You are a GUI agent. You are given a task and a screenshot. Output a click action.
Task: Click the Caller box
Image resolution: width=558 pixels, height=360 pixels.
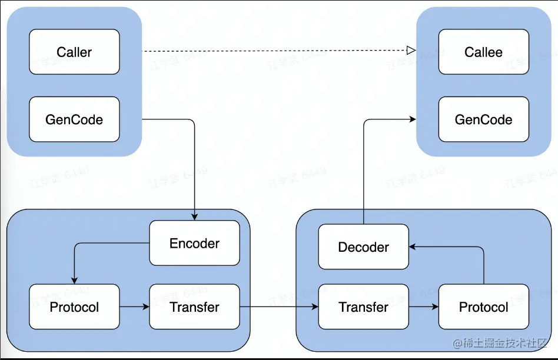click(74, 52)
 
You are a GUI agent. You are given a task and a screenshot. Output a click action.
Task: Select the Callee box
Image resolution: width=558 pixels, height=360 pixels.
click(483, 52)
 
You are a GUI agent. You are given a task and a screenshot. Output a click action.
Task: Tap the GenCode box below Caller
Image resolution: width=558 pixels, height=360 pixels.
click(74, 119)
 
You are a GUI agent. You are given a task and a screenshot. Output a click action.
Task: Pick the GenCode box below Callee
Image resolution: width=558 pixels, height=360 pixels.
click(483, 119)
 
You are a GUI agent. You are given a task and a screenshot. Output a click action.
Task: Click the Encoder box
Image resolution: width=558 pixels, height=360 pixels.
click(194, 243)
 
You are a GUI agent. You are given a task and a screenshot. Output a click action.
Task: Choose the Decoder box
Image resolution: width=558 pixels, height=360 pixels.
click(363, 247)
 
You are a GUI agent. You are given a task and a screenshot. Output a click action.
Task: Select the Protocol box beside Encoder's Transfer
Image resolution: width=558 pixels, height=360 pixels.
click(74, 306)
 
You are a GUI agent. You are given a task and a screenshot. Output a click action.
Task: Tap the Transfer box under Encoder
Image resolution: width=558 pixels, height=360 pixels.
click(194, 306)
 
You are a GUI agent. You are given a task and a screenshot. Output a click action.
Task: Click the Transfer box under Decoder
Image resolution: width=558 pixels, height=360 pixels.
click(363, 306)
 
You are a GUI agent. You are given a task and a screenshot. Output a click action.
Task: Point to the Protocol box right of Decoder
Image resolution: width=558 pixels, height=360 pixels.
click(483, 306)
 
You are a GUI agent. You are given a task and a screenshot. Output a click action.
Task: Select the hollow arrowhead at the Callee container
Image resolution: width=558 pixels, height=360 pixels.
click(412, 51)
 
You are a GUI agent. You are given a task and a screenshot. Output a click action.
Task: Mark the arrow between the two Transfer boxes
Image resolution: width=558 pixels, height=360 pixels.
click(278, 306)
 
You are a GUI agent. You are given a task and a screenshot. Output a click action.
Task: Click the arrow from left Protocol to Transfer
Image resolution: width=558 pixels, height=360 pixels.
click(134, 306)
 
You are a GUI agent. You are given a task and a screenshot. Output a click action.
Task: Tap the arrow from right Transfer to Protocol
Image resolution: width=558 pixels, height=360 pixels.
click(423, 306)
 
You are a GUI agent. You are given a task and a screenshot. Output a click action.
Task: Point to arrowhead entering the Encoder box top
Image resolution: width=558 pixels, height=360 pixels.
click(194, 217)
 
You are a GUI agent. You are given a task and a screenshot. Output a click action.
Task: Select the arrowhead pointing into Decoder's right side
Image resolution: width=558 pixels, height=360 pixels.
click(413, 247)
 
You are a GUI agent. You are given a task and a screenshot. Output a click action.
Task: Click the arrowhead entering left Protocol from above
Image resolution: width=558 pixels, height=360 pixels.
click(74, 281)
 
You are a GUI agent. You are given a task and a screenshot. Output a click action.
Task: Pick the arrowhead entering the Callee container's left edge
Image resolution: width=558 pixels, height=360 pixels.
click(413, 119)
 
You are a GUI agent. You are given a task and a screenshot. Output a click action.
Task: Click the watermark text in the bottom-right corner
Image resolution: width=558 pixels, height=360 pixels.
click(499, 342)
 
